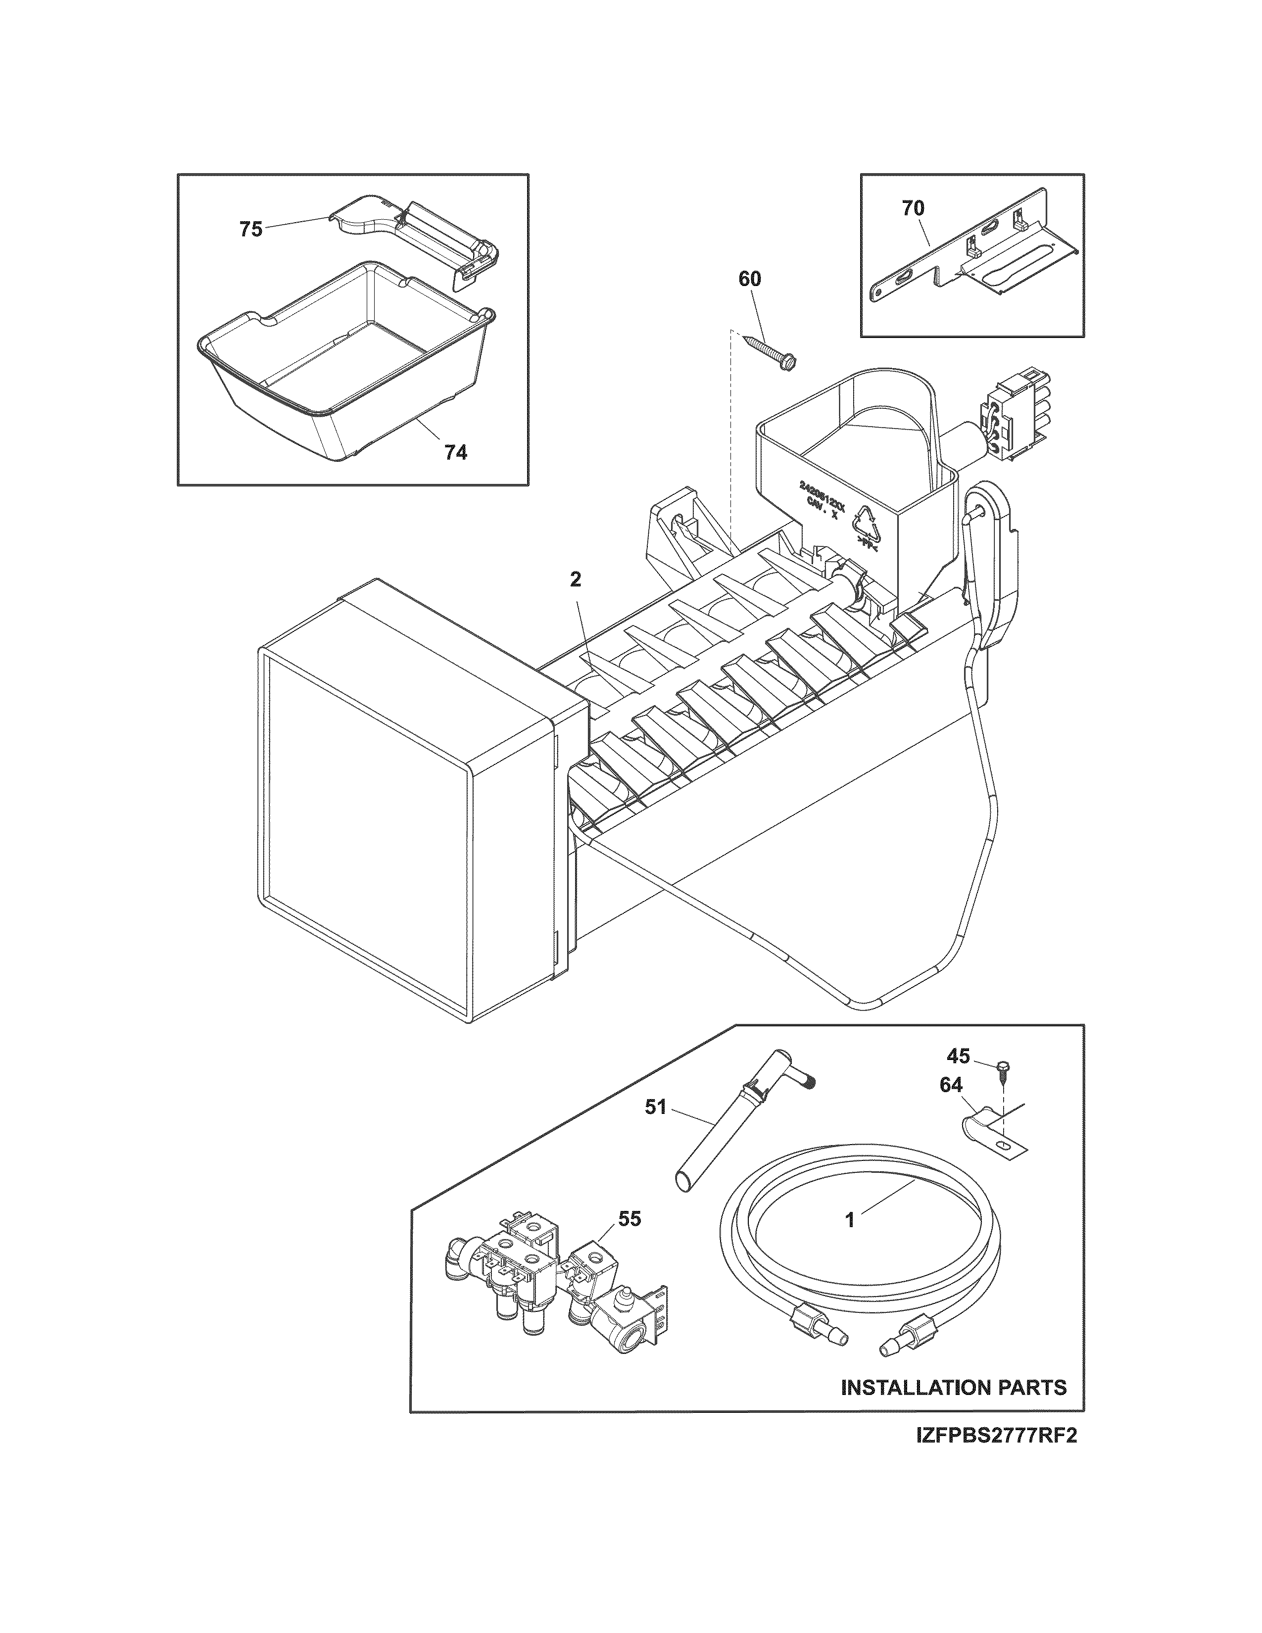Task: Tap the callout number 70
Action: click(x=913, y=209)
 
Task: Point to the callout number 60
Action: click(x=749, y=279)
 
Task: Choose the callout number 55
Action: click(x=630, y=1219)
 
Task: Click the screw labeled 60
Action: click(x=770, y=352)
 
